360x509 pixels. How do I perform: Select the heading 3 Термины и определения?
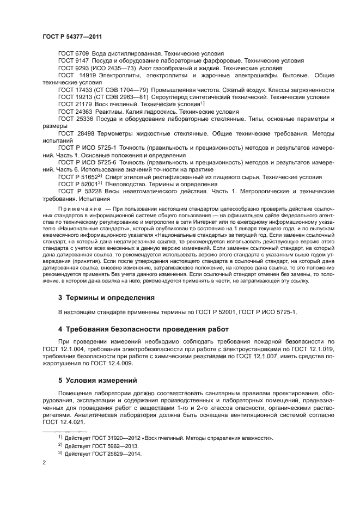[x=107, y=298]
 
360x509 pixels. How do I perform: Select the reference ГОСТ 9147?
[x=69, y=61]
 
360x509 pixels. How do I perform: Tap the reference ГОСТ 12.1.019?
[x=315, y=349]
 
